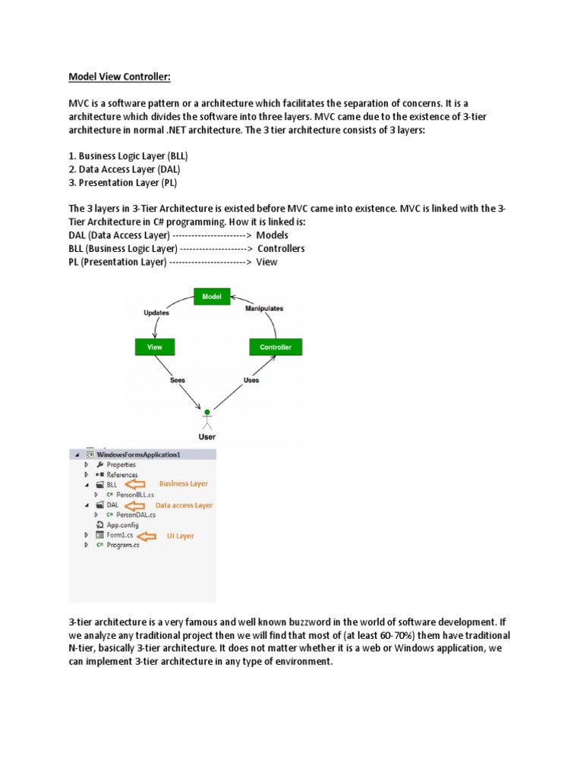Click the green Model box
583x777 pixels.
click(211, 297)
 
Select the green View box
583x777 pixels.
click(154, 347)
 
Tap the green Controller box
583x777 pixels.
click(275, 347)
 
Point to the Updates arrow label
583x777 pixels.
click(156, 312)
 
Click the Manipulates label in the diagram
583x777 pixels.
click(264, 309)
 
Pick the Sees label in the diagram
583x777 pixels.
click(177, 379)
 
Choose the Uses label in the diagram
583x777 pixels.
click(251, 379)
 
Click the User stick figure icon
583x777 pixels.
click(206, 419)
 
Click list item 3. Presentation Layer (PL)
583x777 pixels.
click(126, 183)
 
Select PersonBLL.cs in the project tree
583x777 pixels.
click(124, 494)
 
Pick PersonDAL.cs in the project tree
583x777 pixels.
click(124, 514)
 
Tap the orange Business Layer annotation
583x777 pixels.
click(182, 483)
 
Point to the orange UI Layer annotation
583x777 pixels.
click(180, 536)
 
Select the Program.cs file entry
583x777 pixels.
click(122, 545)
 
